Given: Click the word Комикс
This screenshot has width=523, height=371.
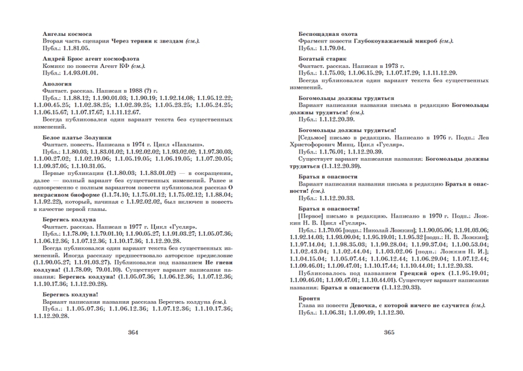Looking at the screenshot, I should click(54, 67).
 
